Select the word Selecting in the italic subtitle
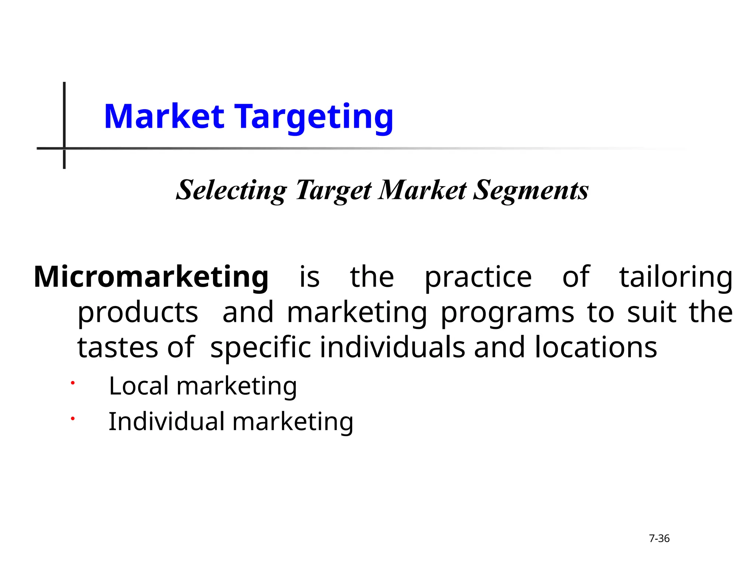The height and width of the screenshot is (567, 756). (231, 191)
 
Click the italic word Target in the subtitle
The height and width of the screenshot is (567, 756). (333, 191)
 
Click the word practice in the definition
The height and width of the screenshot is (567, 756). (478, 278)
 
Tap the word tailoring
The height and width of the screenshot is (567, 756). (676, 278)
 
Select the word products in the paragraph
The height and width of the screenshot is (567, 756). (138, 313)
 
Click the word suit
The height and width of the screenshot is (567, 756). (652, 312)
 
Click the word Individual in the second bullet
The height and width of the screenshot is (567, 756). (166, 421)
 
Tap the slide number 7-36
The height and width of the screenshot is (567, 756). (659, 539)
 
